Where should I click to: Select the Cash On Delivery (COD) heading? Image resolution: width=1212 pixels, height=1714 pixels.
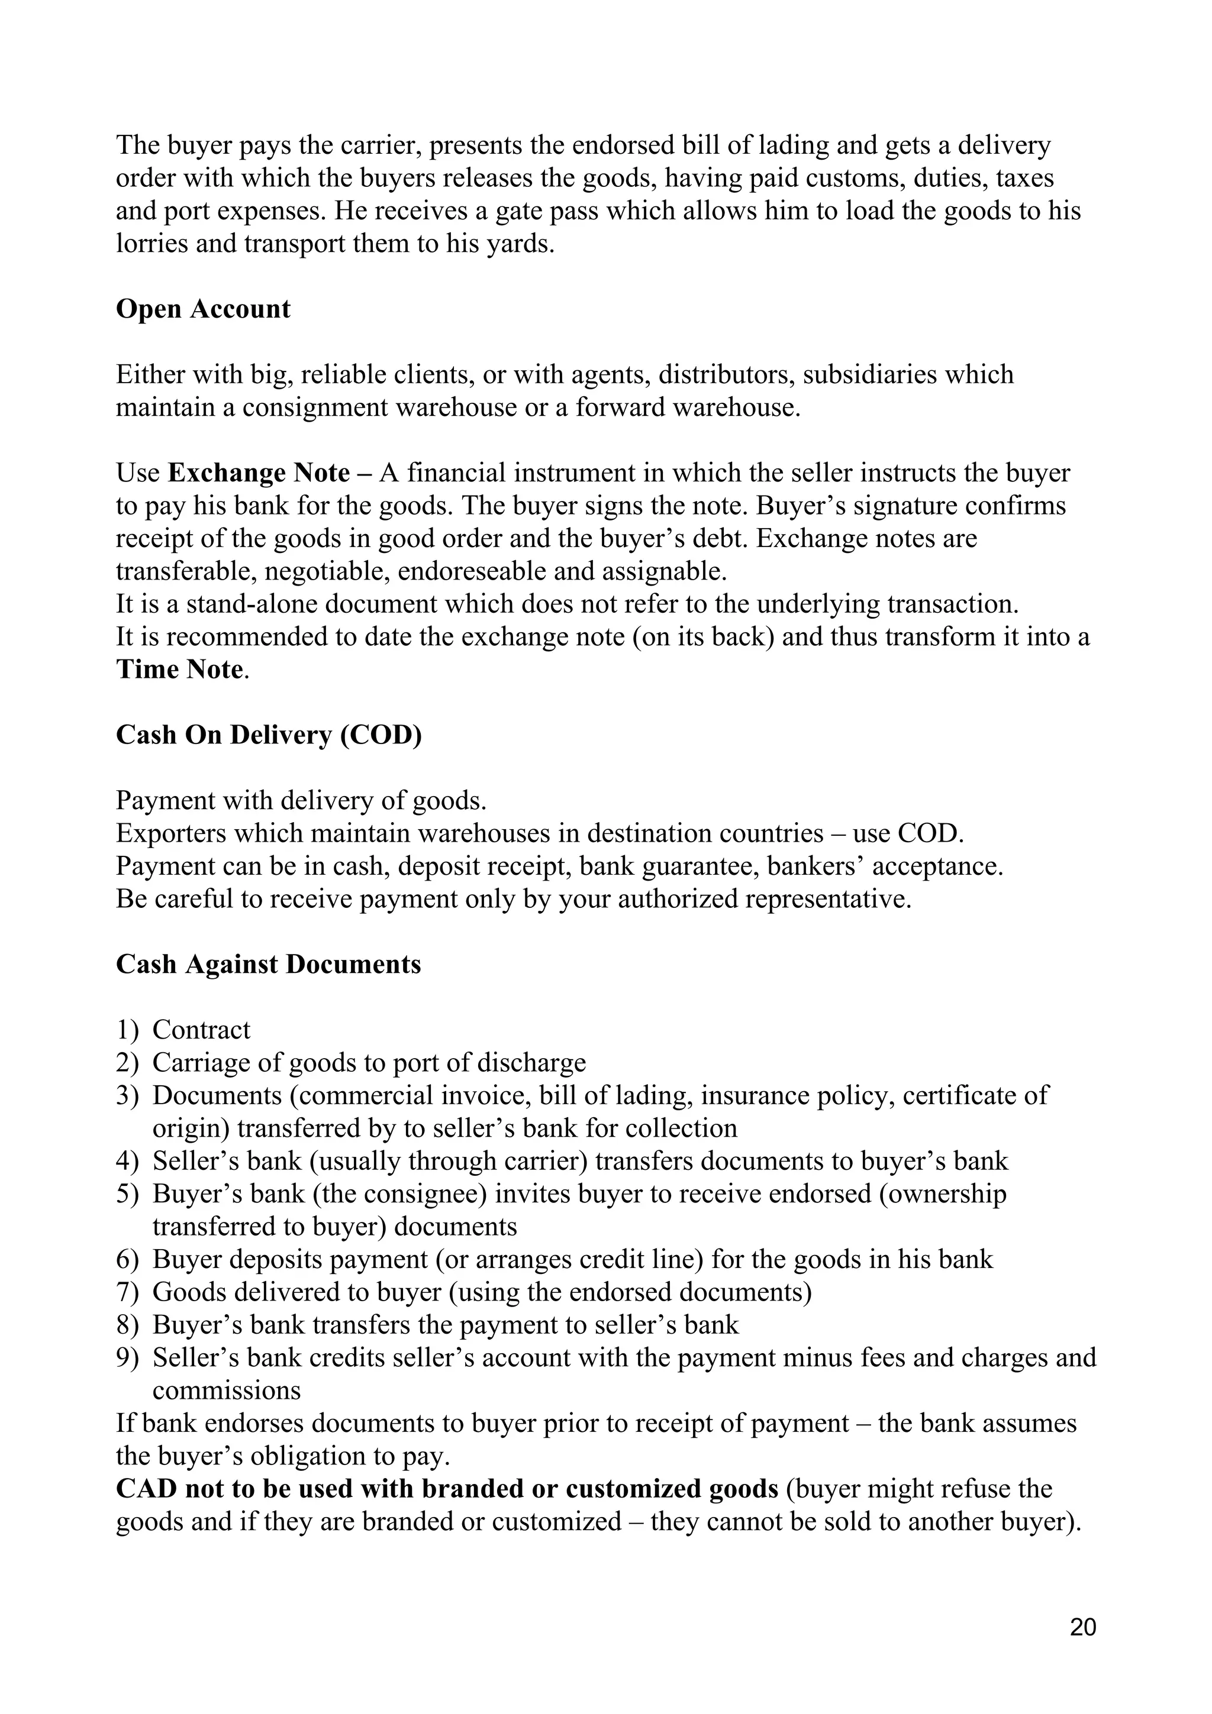coord(268,735)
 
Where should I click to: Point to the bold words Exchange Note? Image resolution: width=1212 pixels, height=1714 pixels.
coord(259,473)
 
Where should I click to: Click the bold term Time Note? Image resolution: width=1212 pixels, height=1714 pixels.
coord(180,670)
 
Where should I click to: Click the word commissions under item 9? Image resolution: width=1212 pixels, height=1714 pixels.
coord(226,1390)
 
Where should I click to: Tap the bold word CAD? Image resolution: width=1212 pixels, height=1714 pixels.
coord(146,1489)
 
